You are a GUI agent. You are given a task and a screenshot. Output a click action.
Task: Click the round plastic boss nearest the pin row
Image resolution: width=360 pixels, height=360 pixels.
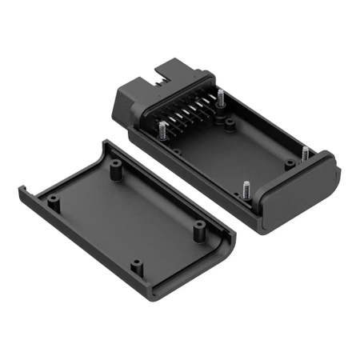(230, 124)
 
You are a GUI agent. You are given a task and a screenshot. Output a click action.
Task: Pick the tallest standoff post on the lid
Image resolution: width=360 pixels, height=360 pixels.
(117, 170)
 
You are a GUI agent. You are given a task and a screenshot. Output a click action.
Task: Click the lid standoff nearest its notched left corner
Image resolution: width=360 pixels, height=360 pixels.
(53, 200)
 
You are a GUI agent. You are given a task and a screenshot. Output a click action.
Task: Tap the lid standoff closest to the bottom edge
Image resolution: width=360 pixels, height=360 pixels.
(137, 264)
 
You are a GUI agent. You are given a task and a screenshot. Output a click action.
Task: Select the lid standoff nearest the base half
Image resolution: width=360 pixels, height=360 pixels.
(195, 229)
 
